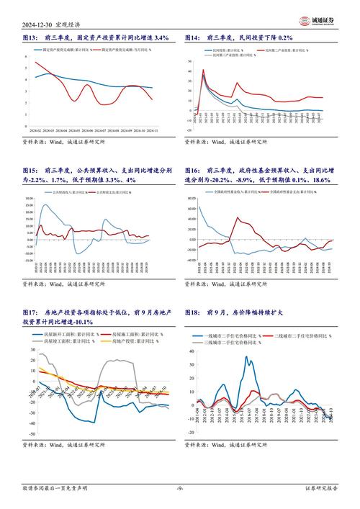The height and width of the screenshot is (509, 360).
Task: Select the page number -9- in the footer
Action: coord(179,494)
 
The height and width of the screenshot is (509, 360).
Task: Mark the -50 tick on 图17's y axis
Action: coord(32,436)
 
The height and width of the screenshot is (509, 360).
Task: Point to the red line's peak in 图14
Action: coord(204,70)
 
